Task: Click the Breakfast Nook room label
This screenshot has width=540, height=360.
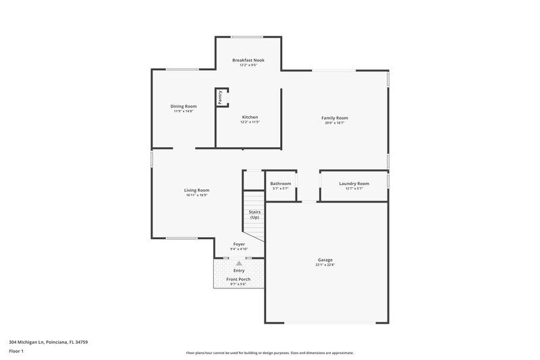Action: (x=248, y=60)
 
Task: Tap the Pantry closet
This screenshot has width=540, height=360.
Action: (x=221, y=97)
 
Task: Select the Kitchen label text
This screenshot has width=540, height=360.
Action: (x=250, y=117)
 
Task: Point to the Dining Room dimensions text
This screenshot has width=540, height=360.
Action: (x=183, y=111)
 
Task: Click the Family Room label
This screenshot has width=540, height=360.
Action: (x=334, y=118)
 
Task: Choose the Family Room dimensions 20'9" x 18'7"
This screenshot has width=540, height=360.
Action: (x=334, y=123)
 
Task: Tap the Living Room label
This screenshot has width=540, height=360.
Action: (x=196, y=190)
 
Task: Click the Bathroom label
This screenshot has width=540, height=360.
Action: (x=280, y=184)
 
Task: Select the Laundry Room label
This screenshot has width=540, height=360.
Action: (x=354, y=184)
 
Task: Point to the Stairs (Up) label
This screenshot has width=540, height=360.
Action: (x=254, y=215)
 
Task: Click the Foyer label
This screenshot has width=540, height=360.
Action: (x=239, y=244)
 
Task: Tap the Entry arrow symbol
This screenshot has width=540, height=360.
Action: (x=239, y=263)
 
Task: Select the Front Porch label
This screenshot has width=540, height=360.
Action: (x=239, y=279)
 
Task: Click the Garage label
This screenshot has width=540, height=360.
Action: (x=325, y=259)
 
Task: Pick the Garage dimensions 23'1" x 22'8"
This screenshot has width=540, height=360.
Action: (x=325, y=265)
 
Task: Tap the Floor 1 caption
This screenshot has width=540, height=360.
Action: (x=17, y=351)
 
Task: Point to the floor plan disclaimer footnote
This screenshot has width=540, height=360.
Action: (x=269, y=353)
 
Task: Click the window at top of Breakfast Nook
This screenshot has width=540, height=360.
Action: (x=247, y=36)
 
